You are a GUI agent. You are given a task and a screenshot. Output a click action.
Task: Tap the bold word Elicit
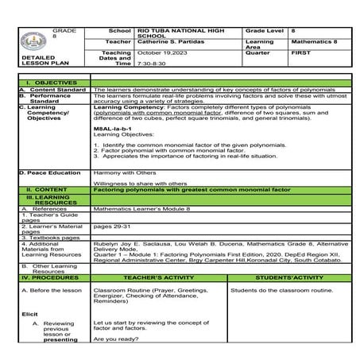[29, 315]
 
